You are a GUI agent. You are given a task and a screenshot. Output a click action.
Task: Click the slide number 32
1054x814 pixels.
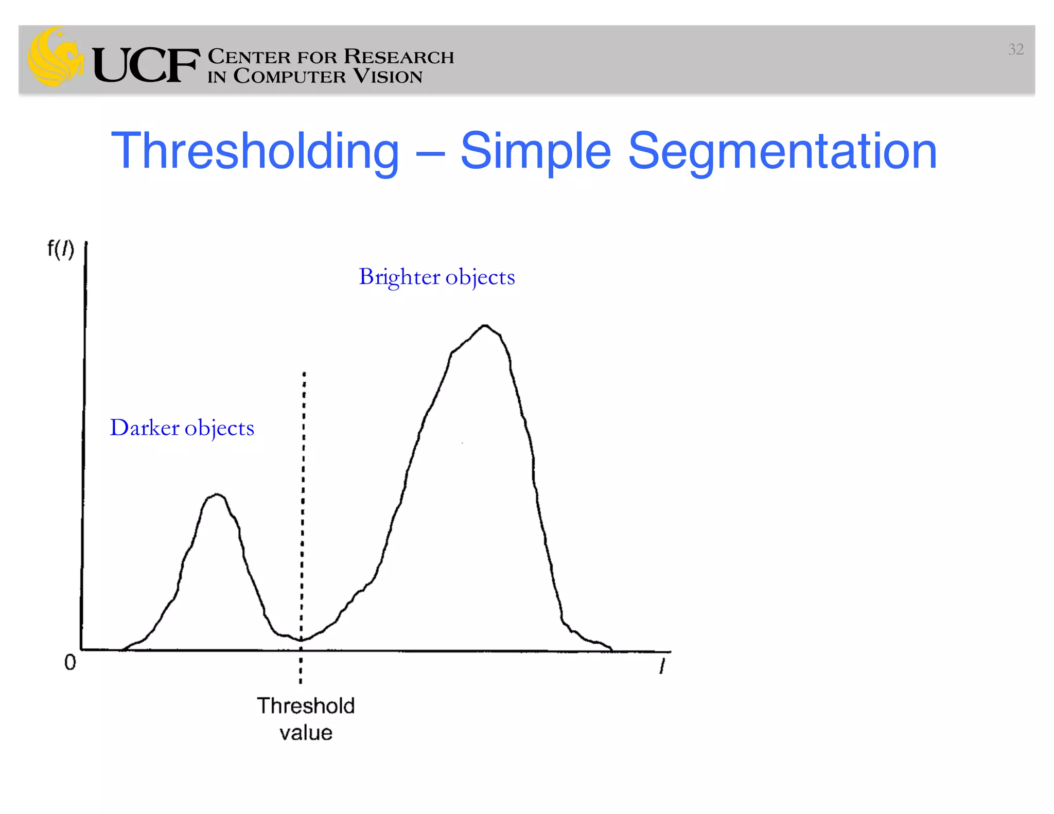tap(1015, 49)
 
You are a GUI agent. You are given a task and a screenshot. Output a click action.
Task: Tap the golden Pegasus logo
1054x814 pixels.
tap(56, 57)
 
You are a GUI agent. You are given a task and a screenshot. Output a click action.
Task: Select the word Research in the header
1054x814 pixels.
tap(399, 56)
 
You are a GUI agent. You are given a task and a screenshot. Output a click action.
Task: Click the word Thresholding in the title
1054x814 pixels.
tap(255, 151)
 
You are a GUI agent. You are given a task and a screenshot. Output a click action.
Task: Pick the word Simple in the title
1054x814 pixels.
tap(535, 151)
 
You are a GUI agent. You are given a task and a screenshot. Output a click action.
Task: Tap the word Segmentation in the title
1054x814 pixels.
tap(782, 151)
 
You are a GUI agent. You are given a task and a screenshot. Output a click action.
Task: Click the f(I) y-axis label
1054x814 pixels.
tap(61, 249)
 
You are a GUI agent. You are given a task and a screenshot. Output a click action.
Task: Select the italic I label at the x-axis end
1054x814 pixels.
tap(662, 667)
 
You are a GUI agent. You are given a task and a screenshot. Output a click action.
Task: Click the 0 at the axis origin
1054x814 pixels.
tap(70, 662)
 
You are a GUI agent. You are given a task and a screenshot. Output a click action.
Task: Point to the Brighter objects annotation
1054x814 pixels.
tap(436, 277)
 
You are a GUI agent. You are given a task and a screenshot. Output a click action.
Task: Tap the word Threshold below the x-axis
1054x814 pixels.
tap(306, 706)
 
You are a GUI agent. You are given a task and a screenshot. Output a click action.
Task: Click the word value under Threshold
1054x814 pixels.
tap(306, 733)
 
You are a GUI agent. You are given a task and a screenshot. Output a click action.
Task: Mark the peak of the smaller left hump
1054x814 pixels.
tap(218, 495)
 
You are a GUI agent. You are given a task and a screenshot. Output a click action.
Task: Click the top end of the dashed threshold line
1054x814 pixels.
tap(304, 373)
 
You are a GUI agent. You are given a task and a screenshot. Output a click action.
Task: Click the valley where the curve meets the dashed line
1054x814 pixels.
tap(302, 640)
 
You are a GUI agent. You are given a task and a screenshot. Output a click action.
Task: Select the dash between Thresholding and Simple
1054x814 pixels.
tap(429, 153)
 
